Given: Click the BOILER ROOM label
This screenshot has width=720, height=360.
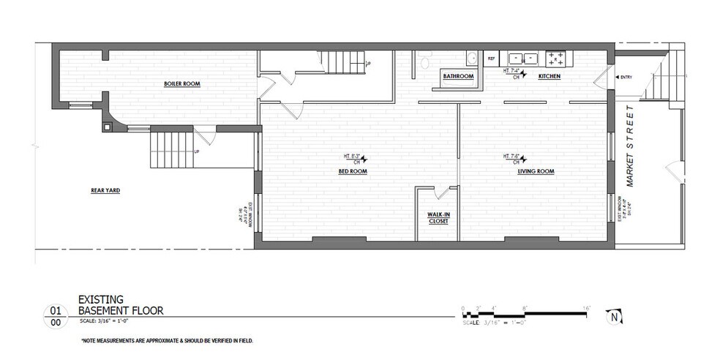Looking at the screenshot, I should coord(182,84).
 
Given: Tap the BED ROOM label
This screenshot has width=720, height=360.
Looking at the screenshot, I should coord(352,172).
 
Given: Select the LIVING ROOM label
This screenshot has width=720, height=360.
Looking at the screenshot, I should coord(536,172).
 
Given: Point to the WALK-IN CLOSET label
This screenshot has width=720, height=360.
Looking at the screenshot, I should coord(438,217).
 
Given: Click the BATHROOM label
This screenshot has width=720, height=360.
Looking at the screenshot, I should coord(457,77).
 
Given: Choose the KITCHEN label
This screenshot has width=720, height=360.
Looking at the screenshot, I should coord(550,77).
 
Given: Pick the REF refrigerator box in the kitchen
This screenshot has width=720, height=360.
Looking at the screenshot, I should coord(492,57).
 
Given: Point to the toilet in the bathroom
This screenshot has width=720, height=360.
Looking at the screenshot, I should coord(423,61).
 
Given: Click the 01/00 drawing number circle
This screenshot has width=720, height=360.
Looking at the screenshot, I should coord(55,315).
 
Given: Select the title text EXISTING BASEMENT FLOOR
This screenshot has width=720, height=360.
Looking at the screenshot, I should coord(120,305).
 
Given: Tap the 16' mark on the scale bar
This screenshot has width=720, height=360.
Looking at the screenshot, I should coord(586,307).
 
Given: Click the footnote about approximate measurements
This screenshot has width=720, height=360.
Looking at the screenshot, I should coord(167,341).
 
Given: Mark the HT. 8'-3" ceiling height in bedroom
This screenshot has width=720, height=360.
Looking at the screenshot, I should coord(353,157).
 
